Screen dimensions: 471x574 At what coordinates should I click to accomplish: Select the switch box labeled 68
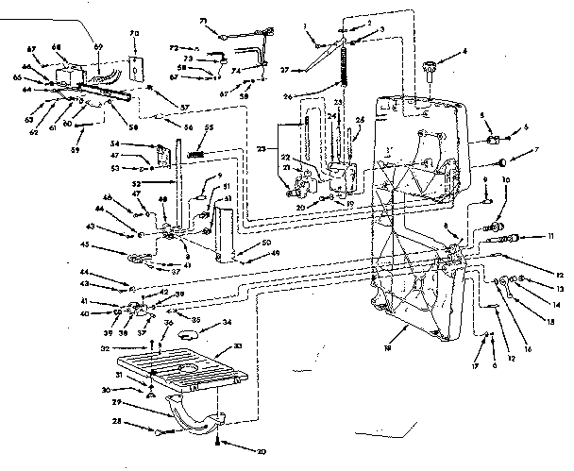pyautogui.click(x=68, y=72)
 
